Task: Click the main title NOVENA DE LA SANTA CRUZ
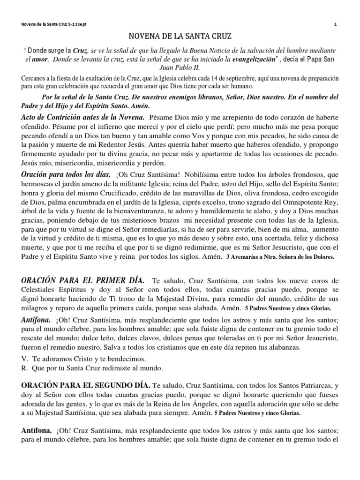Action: pos(180,35)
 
